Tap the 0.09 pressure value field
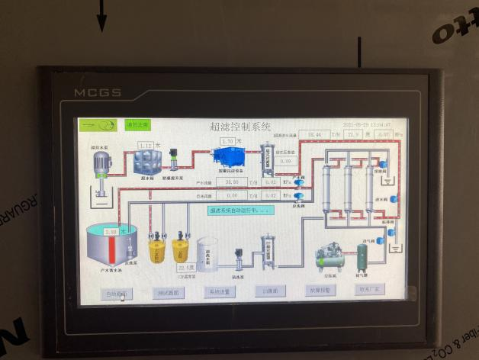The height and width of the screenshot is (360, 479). (286, 161)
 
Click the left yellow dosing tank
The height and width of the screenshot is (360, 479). (156, 249)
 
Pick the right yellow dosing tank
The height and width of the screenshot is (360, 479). (180, 249)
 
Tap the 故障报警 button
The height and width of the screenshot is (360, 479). (320, 291)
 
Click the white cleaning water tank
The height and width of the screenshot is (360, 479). (207, 254)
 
